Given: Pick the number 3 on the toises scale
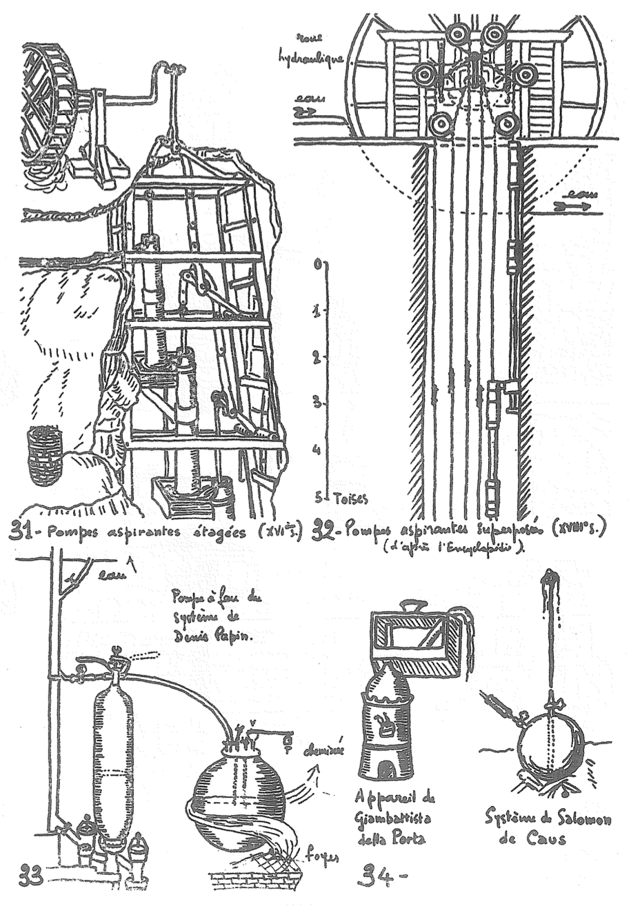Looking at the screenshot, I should pyautogui.click(x=317, y=402).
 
